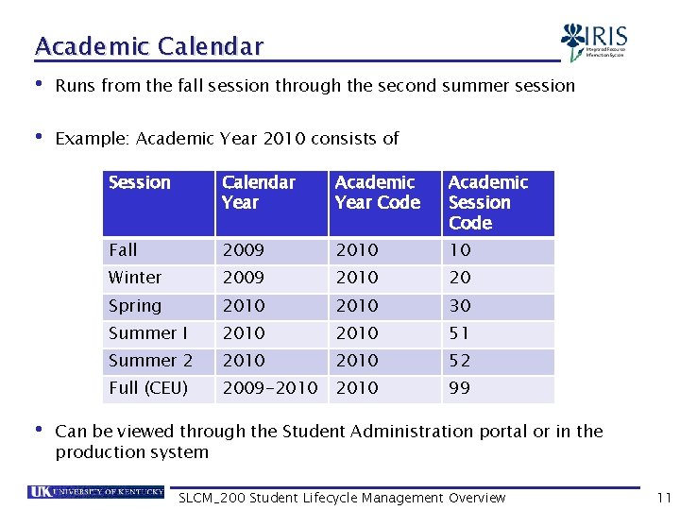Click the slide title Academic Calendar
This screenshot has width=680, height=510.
(x=149, y=45)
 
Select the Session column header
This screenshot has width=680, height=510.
(x=140, y=182)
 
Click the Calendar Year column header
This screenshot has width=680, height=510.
(x=258, y=192)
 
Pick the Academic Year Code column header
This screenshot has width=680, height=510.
(x=377, y=192)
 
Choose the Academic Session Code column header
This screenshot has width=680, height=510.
(x=487, y=202)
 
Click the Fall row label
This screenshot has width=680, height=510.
(x=123, y=250)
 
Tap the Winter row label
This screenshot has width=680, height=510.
(x=135, y=278)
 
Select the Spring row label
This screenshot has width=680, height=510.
(x=135, y=306)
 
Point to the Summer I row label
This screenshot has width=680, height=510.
(x=148, y=333)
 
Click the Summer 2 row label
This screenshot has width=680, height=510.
(x=150, y=361)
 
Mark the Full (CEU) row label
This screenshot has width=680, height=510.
(x=148, y=388)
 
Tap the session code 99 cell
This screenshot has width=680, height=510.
(x=460, y=388)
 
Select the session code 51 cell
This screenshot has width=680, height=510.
(x=460, y=333)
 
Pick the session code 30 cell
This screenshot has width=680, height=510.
(x=460, y=306)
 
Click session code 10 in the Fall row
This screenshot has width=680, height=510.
(x=460, y=250)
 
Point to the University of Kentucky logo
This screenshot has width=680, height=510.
(x=96, y=492)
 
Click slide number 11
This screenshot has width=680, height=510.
(x=662, y=498)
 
